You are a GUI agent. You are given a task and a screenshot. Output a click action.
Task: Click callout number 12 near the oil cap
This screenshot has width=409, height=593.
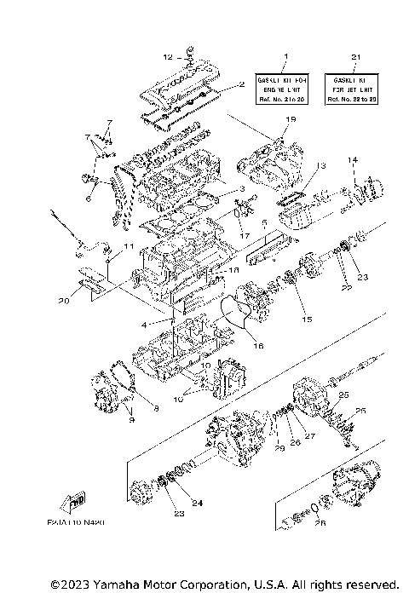[168, 57]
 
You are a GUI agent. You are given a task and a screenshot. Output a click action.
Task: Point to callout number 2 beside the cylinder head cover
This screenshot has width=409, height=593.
[242, 84]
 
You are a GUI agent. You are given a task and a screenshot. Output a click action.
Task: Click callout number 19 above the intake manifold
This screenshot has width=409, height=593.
[291, 119]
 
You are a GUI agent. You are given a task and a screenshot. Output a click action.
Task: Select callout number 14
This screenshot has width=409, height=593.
[350, 159]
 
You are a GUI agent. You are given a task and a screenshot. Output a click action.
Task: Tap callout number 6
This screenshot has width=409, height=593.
[88, 199]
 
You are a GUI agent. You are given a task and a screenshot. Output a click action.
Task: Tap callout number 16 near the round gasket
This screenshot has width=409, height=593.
[257, 346]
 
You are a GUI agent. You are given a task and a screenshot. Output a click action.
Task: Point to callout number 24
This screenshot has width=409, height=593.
[197, 503]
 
